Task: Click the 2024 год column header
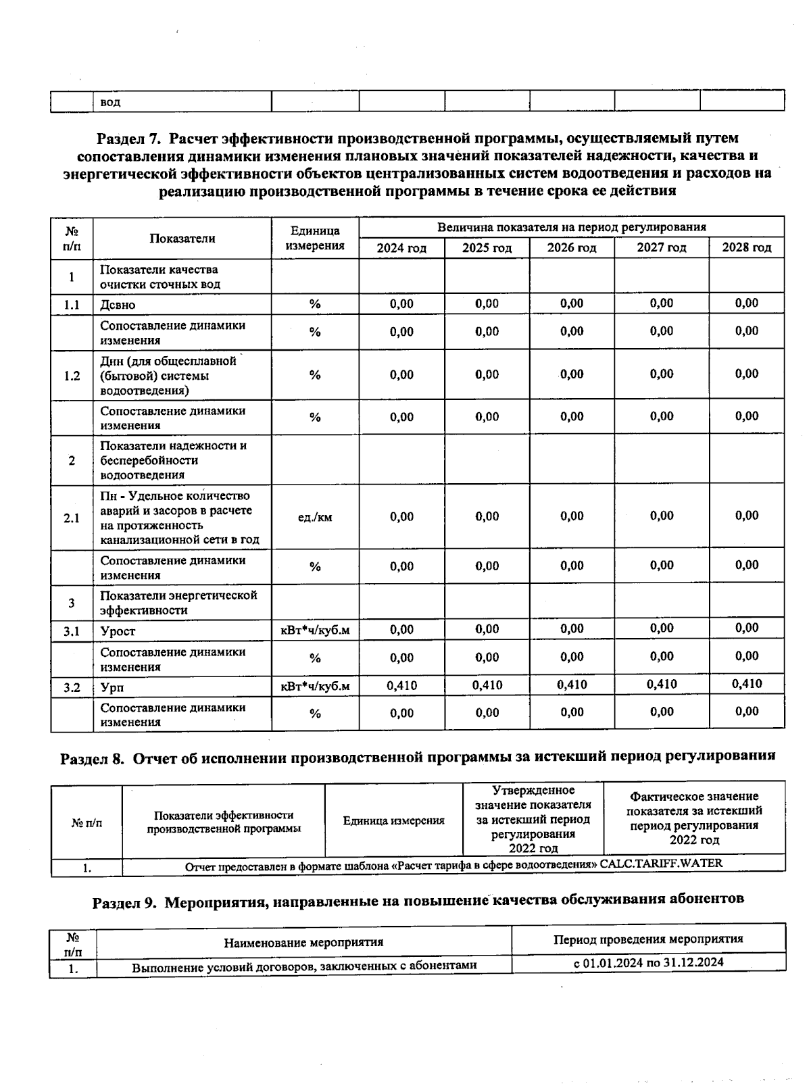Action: tap(401, 248)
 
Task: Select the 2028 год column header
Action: tap(746, 247)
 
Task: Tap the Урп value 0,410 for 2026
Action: tap(572, 685)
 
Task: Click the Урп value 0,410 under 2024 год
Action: tap(401, 685)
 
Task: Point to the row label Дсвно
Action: tap(118, 305)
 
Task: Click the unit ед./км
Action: tap(315, 518)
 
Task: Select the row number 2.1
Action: tap(72, 518)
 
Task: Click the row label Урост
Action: tap(118, 631)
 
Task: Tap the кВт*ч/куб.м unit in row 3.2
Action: tap(315, 687)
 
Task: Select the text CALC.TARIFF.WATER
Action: tap(661, 864)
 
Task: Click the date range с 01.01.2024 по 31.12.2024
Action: tap(648, 962)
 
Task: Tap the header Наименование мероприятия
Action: tap(303, 942)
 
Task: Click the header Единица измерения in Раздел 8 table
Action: tap(393, 820)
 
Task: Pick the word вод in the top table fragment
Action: tap(110, 102)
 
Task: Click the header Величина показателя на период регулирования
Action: tap(571, 227)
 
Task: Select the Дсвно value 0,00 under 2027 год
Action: tap(661, 303)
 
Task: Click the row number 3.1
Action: tap(72, 631)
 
